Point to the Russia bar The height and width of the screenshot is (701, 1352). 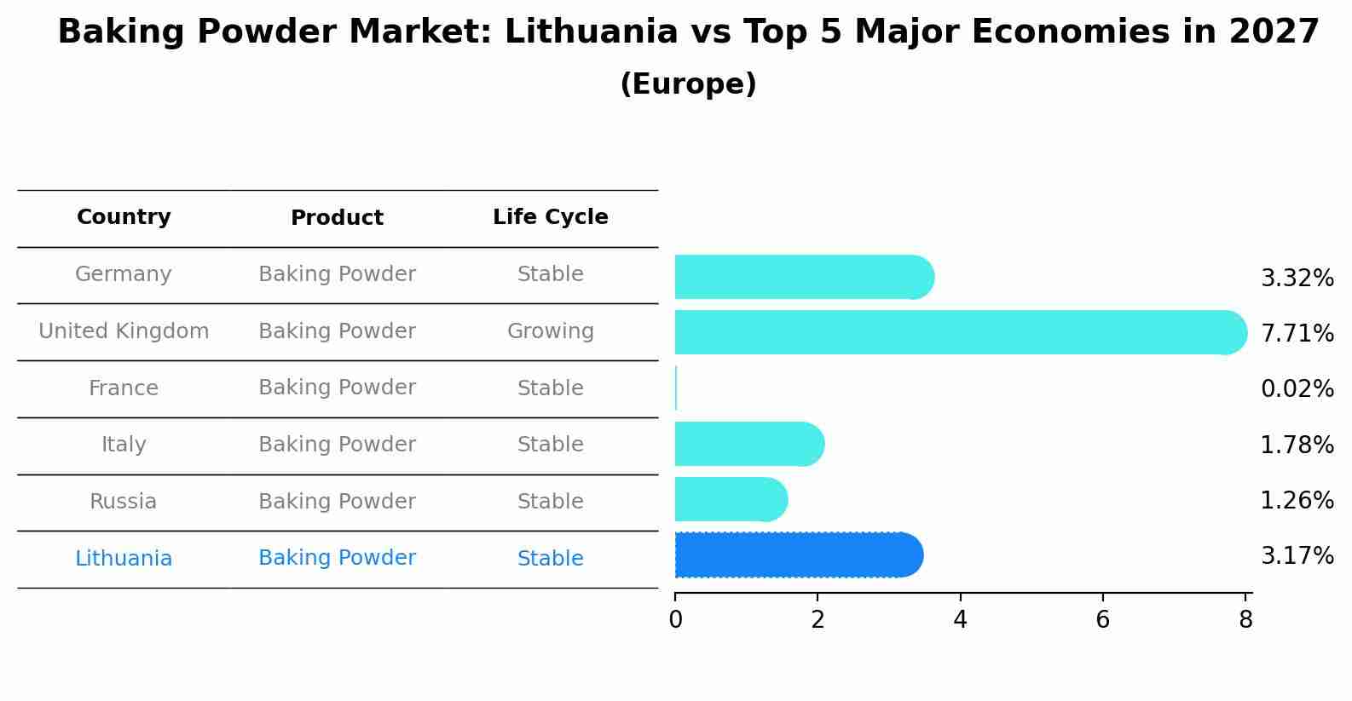(x=730, y=499)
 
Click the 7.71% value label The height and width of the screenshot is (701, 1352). (x=1297, y=333)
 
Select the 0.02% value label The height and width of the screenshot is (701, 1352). (x=1297, y=389)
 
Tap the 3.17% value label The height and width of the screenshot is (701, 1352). (x=1297, y=556)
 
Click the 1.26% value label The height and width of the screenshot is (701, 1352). (x=1297, y=500)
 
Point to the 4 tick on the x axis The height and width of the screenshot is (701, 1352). (x=960, y=619)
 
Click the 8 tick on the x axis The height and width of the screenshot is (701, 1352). (x=1245, y=619)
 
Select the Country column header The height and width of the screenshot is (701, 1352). (x=124, y=217)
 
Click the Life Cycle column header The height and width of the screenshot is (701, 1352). (x=550, y=217)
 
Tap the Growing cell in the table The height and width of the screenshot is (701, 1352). (x=550, y=331)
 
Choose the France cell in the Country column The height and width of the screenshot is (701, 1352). (x=124, y=388)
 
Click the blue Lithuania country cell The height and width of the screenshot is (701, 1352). (x=124, y=559)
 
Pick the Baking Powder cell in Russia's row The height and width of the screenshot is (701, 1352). (x=337, y=502)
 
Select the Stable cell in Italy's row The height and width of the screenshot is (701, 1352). (x=550, y=445)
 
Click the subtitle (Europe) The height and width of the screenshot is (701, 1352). (x=688, y=84)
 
